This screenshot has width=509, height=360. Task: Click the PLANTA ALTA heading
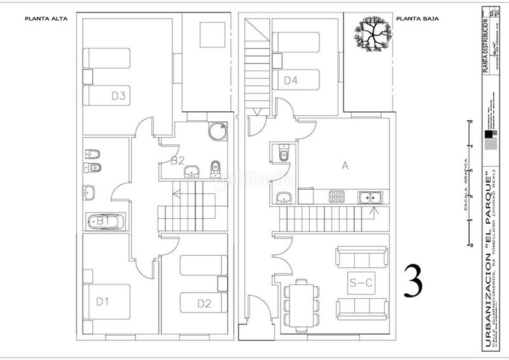45,19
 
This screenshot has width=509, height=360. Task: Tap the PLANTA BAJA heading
417,19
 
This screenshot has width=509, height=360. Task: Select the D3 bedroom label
119,97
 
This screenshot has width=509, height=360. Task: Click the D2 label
204,303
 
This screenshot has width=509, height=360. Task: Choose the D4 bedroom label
291,80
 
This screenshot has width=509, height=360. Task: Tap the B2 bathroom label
178,160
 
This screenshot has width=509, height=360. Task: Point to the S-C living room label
361,284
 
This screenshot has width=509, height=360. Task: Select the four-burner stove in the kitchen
337,197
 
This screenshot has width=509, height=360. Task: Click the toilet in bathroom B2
215,168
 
